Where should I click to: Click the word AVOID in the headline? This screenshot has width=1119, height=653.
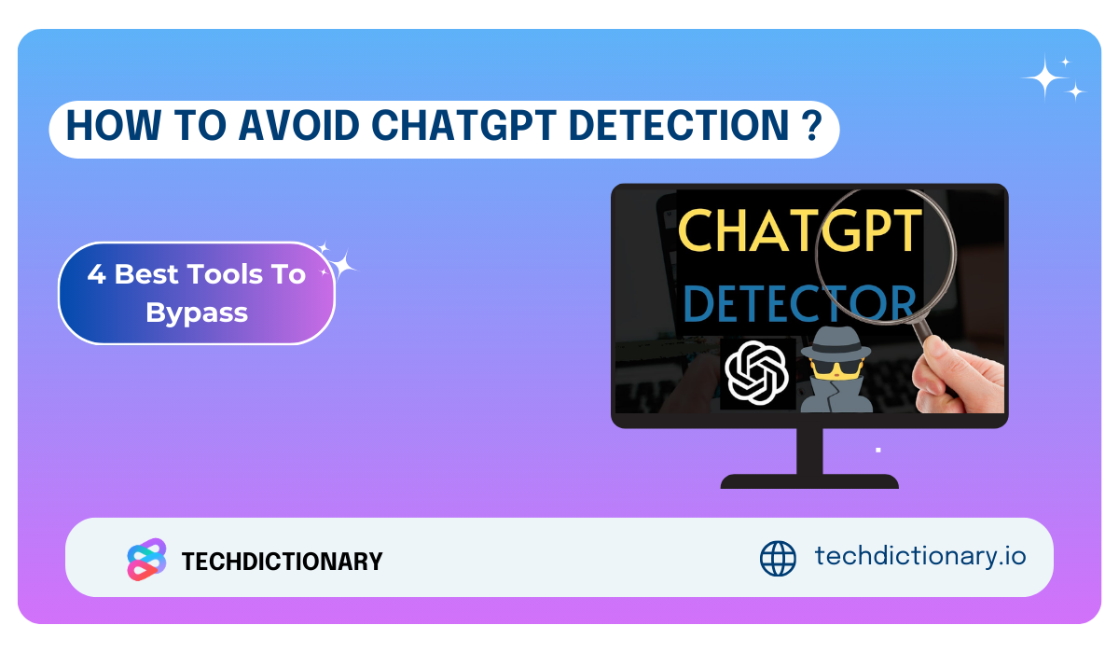point(298,125)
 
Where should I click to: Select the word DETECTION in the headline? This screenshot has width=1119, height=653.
point(679,125)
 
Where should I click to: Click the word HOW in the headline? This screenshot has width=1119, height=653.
point(114,125)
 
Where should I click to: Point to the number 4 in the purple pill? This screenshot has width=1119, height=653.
point(96,274)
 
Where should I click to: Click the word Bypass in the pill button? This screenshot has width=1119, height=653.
point(197,313)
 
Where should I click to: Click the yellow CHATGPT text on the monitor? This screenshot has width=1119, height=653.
point(799,230)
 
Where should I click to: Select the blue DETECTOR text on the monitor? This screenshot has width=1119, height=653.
point(799,303)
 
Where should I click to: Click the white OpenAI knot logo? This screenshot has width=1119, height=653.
point(756,372)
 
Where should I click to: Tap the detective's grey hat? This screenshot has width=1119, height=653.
point(836,343)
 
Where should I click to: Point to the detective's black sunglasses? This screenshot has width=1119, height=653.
point(836,368)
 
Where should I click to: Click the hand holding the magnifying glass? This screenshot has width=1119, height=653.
point(957,376)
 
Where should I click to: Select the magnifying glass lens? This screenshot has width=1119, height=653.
point(886,256)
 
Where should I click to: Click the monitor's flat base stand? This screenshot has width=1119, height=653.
point(809,481)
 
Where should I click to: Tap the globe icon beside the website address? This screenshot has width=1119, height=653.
point(778,558)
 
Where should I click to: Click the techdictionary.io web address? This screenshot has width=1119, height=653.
point(920,556)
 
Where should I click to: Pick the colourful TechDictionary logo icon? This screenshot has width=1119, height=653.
point(146,560)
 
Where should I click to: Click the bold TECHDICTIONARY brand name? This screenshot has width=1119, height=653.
point(283,561)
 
